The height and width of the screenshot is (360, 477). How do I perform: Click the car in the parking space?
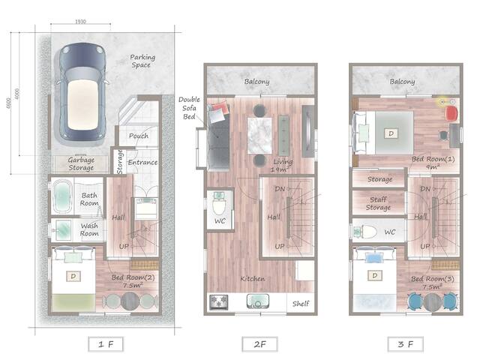[82, 93]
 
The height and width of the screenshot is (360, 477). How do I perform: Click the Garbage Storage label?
[80, 163]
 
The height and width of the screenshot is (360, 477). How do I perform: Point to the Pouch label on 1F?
[138, 136]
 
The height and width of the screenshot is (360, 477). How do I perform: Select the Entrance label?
[142, 162]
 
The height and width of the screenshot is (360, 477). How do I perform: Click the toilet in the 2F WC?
[220, 204]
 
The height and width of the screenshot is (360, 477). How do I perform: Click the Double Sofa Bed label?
[187, 108]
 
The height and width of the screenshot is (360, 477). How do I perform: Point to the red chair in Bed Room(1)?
[450, 112]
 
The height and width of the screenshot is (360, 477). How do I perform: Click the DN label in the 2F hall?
[280, 189]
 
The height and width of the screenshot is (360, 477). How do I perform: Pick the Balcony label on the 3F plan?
[402, 81]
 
